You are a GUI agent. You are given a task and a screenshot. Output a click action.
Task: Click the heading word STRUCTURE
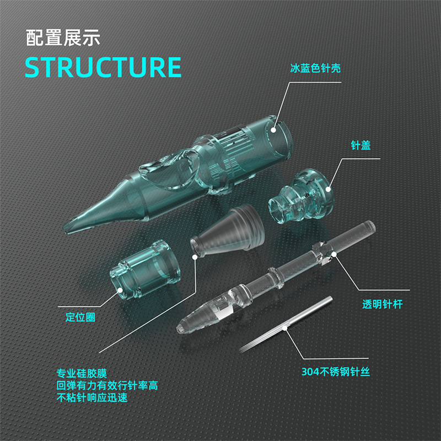[x=103, y=67]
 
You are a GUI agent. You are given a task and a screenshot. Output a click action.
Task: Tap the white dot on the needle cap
[x=327, y=189]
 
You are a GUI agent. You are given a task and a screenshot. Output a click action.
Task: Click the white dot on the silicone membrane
[x=195, y=255]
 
